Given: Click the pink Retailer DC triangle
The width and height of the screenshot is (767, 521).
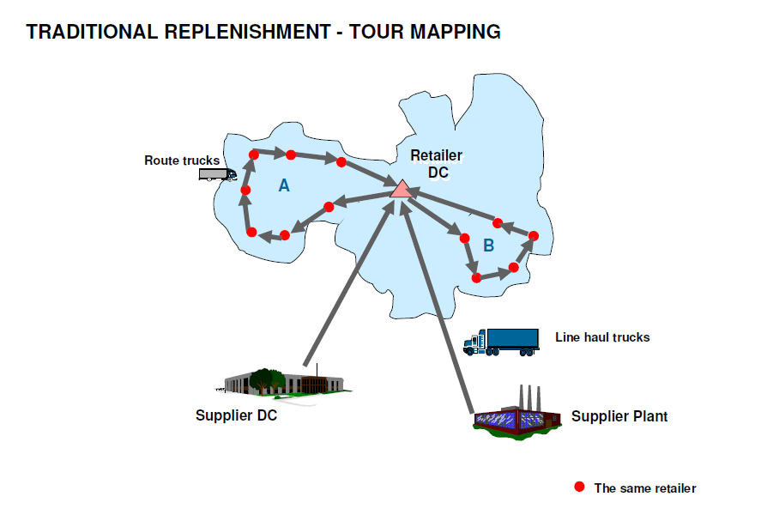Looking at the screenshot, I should pyautogui.click(x=401, y=189).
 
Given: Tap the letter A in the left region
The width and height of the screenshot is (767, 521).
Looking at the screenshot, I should pyautogui.click(x=284, y=185).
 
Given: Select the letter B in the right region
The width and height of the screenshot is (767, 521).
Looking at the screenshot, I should pyautogui.click(x=488, y=245).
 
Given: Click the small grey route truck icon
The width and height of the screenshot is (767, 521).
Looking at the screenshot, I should pyautogui.click(x=217, y=173).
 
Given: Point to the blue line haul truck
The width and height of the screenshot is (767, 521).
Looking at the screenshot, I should pyautogui.click(x=501, y=341).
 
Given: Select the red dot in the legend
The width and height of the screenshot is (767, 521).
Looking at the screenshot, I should pyautogui.click(x=579, y=487).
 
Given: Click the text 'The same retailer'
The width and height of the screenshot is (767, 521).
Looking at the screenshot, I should pyautogui.click(x=645, y=488).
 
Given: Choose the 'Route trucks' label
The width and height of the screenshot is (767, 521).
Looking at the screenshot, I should pyautogui.click(x=182, y=161).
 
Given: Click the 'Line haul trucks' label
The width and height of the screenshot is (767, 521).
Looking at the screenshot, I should pyautogui.click(x=602, y=337).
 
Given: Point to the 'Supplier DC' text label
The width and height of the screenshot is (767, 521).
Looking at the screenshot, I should pyautogui.click(x=236, y=416).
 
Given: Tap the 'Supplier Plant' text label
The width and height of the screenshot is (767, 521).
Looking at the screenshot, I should pyautogui.click(x=619, y=416).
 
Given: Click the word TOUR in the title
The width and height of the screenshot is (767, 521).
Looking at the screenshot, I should pyautogui.click(x=379, y=33).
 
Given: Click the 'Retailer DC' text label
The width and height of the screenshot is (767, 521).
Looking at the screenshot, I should pyautogui.click(x=436, y=164).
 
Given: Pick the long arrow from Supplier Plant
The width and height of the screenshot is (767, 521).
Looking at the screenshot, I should pyautogui.click(x=439, y=309).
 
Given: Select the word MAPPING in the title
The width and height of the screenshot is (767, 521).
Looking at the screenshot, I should pyautogui.click(x=459, y=33).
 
